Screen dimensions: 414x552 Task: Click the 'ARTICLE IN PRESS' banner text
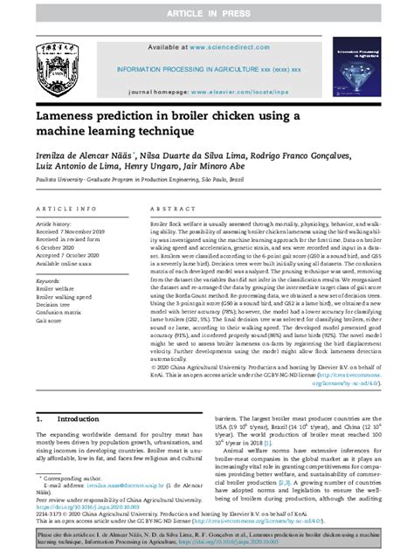tap(206, 13)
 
